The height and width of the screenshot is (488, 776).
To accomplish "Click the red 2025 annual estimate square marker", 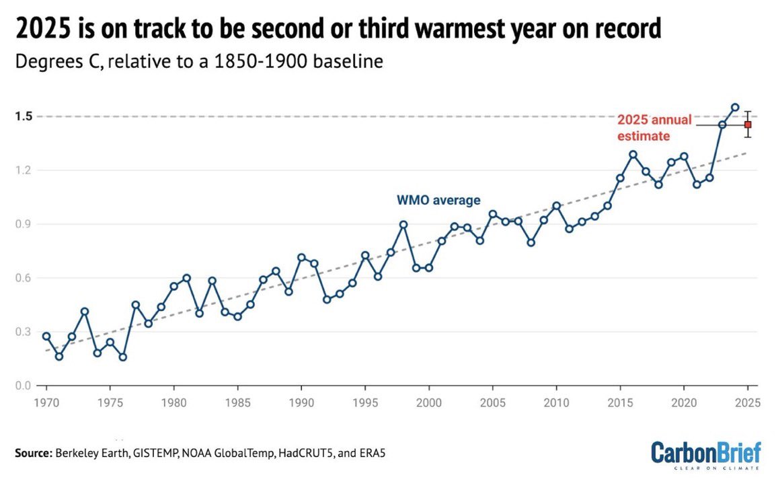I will [x=748, y=125].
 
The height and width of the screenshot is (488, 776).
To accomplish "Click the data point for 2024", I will [x=735, y=107].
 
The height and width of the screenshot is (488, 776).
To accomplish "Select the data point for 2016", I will [x=633, y=154].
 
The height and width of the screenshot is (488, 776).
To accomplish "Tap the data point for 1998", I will [x=403, y=224].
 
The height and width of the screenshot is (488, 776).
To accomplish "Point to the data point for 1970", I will [x=46, y=336].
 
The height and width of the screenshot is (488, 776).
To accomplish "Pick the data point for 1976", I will [x=123, y=357].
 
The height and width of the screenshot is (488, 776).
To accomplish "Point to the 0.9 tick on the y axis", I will [x=25, y=224].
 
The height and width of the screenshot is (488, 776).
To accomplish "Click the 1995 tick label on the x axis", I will [x=364, y=403].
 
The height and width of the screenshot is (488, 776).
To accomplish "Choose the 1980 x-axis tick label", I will [x=173, y=403].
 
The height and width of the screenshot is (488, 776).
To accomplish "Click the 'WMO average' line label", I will [x=438, y=200].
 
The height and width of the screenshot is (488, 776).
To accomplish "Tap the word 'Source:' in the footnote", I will [x=31, y=454].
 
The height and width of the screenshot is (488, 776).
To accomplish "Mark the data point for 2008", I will [x=531, y=242].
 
